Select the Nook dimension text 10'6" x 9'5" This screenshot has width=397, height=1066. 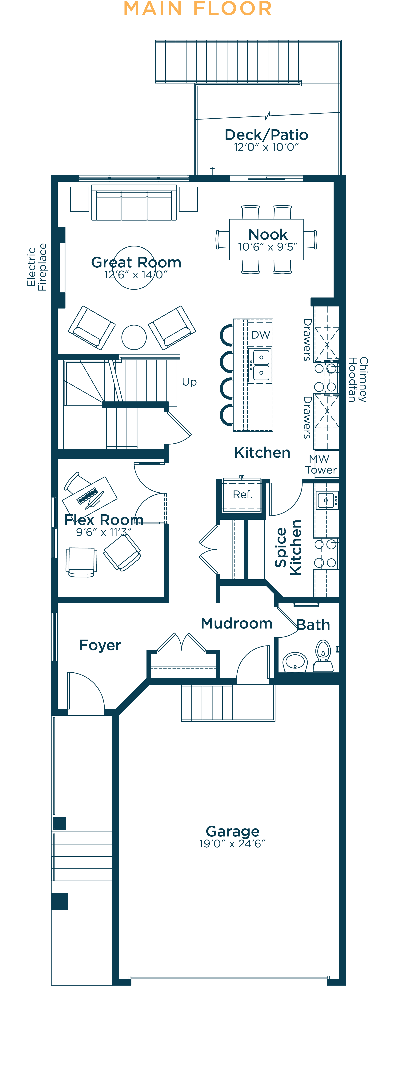[x=268, y=247]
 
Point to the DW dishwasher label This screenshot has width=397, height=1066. [x=261, y=335]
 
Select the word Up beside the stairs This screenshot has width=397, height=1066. [x=189, y=382]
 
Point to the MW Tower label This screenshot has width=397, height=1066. [x=320, y=464]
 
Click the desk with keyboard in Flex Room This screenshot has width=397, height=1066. [x=90, y=496]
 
